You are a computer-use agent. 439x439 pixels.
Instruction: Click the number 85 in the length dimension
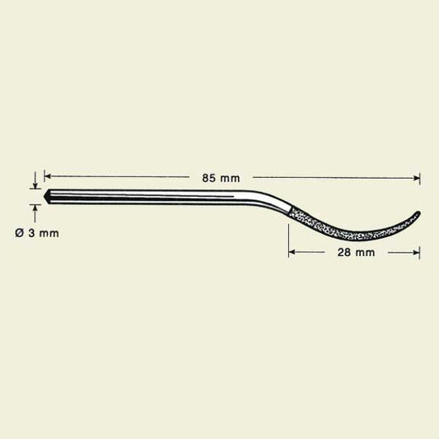click(x=208, y=178)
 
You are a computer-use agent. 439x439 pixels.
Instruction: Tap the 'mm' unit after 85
click(x=230, y=179)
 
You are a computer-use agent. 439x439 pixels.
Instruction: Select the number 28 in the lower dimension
click(x=344, y=253)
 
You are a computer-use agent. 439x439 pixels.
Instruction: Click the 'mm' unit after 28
click(x=365, y=253)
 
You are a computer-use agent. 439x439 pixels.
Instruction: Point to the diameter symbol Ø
click(x=19, y=233)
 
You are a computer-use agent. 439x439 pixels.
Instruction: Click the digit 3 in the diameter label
click(x=30, y=233)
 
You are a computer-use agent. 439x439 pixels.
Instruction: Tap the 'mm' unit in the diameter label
click(x=49, y=234)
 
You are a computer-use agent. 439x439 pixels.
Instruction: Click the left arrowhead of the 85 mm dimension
click(x=47, y=176)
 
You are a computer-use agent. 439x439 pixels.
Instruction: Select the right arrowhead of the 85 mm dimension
click(x=416, y=178)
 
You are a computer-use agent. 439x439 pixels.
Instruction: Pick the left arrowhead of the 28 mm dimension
click(x=292, y=252)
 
